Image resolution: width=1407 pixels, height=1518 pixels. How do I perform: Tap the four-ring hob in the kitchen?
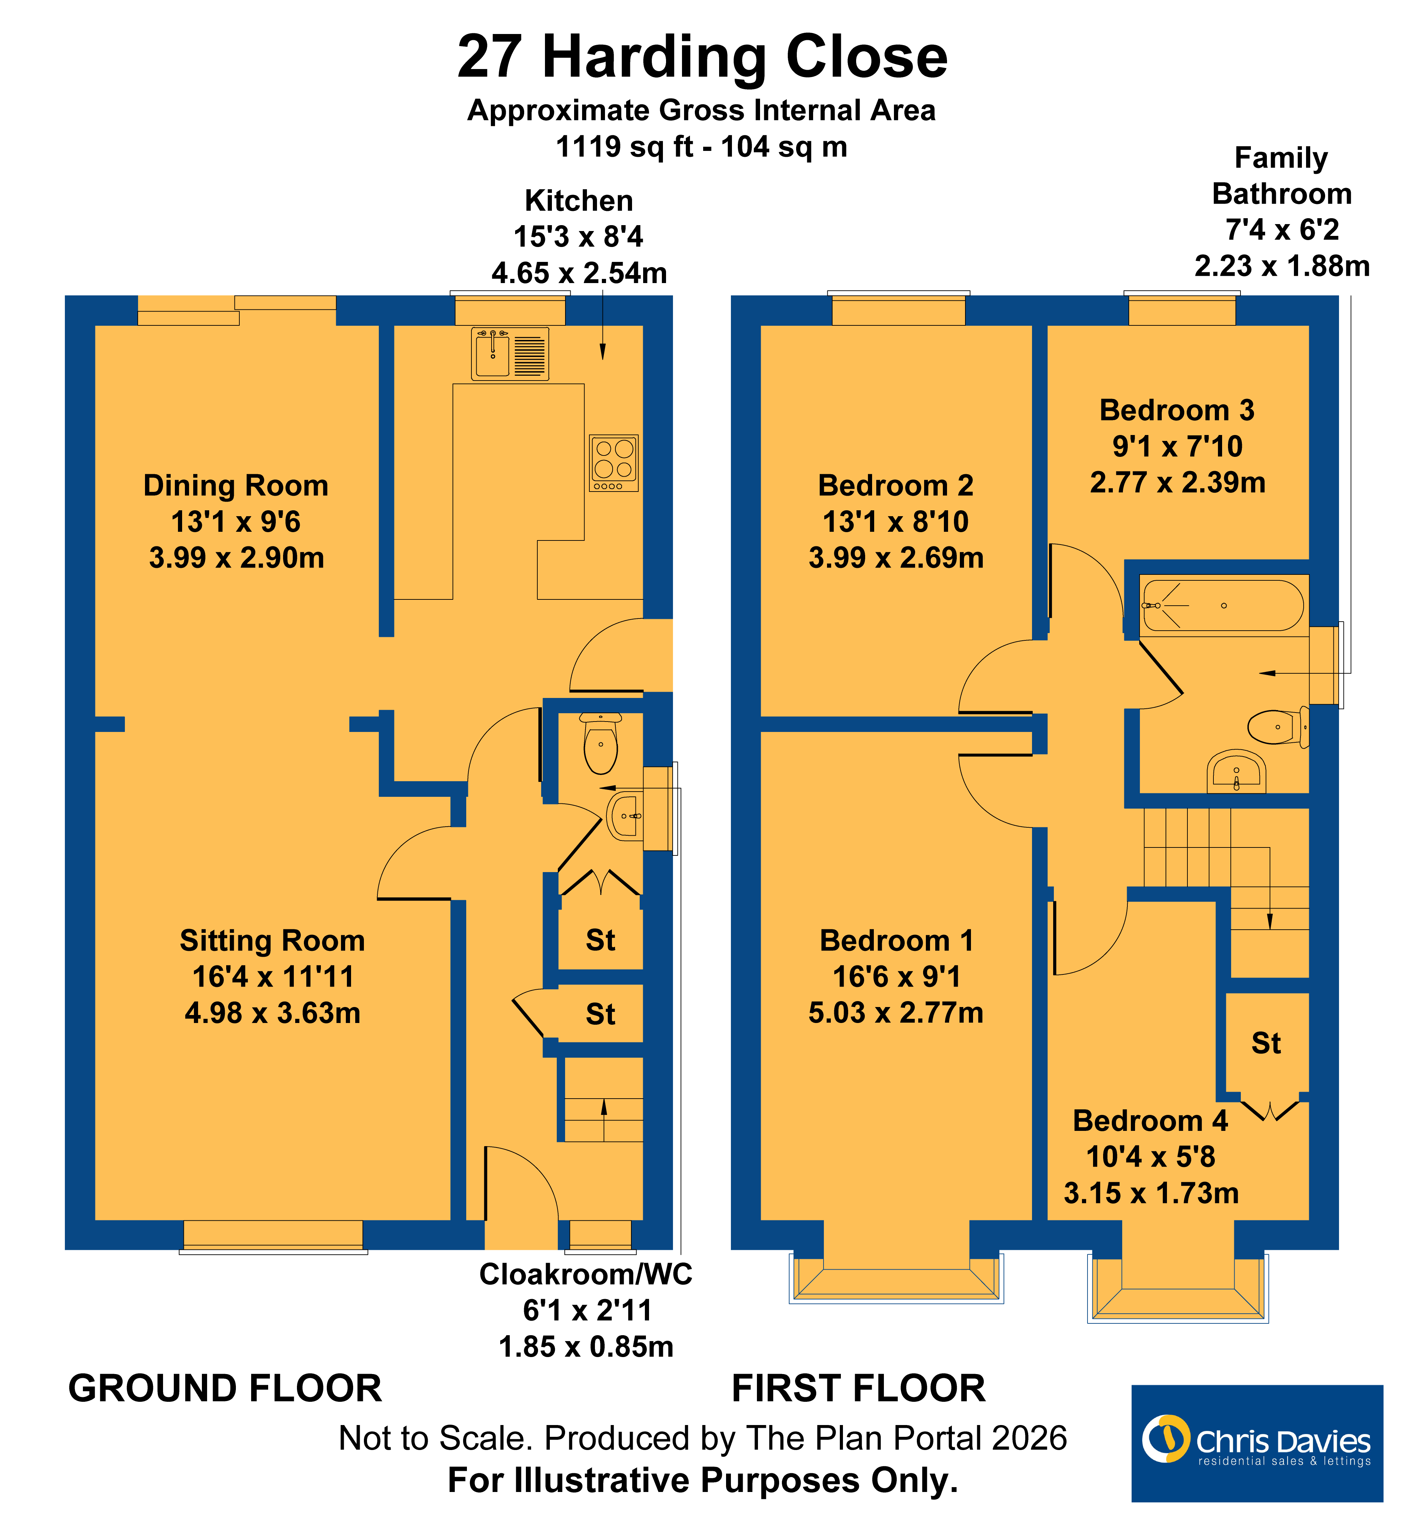pyautogui.click(x=614, y=463)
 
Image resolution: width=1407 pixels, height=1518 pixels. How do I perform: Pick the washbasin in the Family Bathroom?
pyautogui.click(x=1236, y=771)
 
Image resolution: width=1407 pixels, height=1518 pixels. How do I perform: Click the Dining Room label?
pyautogui.click(x=236, y=486)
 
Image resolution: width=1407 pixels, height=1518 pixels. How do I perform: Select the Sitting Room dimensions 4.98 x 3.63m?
pyautogui.click(x=273, y=1013)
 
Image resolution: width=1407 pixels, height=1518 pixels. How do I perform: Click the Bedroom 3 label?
pyautogui.click(x=1177, y=410)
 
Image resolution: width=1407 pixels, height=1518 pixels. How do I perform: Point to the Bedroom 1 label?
pyautogui.click(x=896, y=941)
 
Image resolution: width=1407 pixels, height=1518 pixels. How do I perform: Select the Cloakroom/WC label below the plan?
pyautogui.click(x=586, y=1274)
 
